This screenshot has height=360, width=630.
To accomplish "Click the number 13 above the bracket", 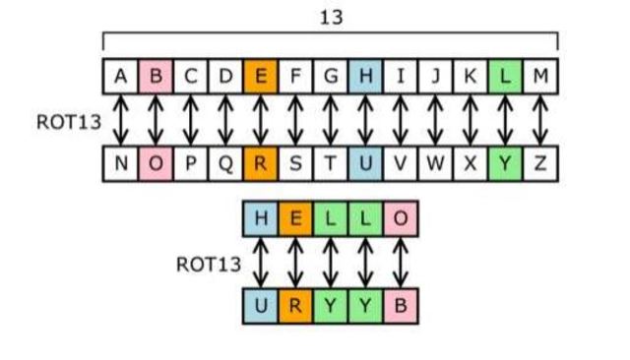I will (x=331, y=18).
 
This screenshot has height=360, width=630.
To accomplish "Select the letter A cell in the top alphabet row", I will (x=120, y=76).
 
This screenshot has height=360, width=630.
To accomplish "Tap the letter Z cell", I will (x=539, y=164).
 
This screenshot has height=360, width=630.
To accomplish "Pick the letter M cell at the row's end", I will (x=539, y=76).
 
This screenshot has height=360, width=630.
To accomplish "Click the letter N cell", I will (x=120, y=164).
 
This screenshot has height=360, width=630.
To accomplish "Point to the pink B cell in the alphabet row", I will (x=156, y=76).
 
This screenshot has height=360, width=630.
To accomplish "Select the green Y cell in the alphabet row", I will (x=505, y=164).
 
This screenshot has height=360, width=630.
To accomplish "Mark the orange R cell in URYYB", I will (x=295, y=306).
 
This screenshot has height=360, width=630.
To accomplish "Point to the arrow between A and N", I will (x=120, y=120).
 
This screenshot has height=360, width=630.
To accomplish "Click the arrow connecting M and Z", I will (x=539, y=120).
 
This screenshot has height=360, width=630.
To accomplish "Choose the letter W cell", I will (x=435, y=164).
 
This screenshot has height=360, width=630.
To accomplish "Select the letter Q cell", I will (x=225, y=164).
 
